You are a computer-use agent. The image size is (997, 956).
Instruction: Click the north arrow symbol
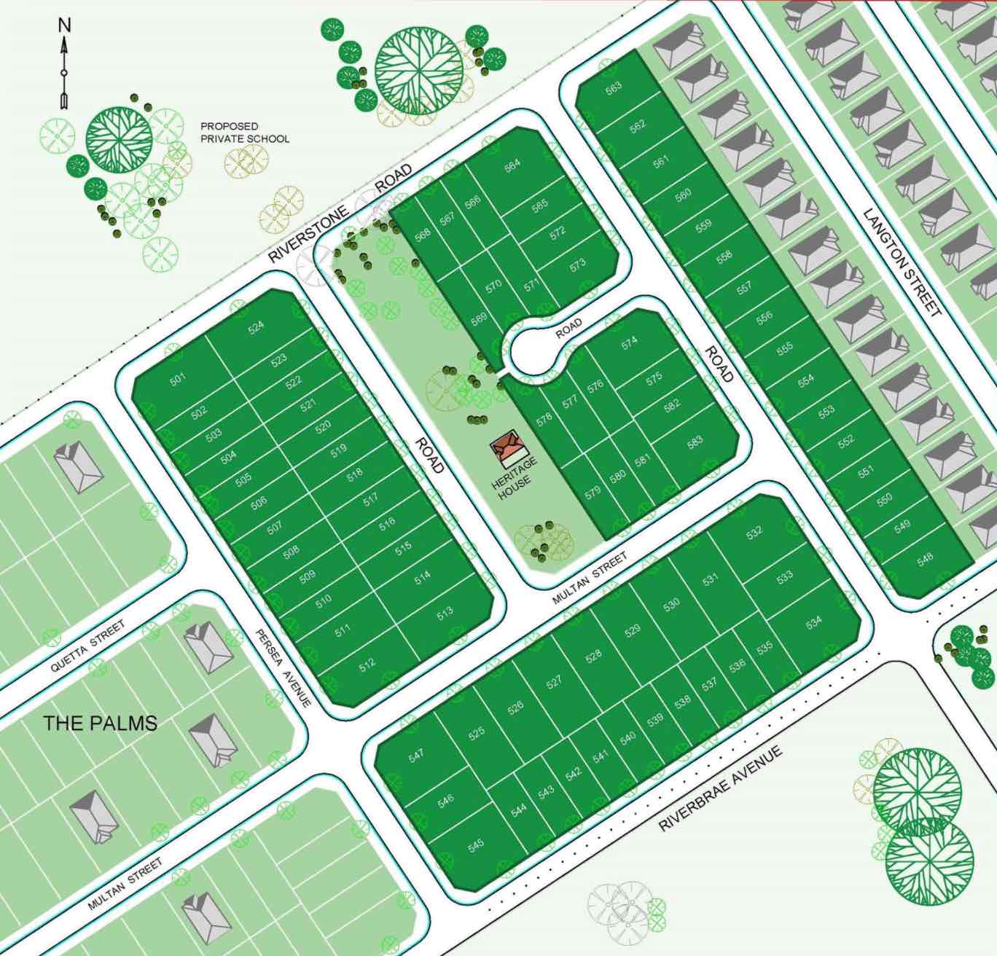64,63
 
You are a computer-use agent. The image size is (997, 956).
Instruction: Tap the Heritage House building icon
507,447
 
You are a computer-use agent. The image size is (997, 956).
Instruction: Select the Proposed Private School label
244,132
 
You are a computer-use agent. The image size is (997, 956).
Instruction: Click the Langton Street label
902,262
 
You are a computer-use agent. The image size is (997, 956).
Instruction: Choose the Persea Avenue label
284,667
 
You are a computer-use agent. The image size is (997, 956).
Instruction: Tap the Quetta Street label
87,646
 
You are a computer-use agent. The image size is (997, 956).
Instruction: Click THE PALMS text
100,724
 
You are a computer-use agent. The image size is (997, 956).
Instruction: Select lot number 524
256,326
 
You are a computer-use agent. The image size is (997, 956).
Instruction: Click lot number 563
614,87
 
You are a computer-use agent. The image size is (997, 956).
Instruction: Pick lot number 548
925,559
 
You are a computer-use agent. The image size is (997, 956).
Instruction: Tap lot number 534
813,622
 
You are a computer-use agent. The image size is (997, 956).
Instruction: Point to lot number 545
475,845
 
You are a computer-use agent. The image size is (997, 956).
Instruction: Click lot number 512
367,663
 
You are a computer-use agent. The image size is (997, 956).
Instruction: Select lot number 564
512,165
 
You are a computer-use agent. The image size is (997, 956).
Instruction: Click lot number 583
695,442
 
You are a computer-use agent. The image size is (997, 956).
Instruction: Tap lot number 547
416,756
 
